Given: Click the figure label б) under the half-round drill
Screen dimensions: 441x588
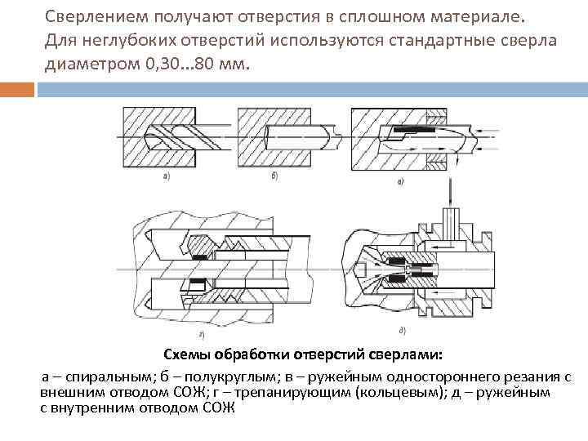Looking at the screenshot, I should tap(273, 176).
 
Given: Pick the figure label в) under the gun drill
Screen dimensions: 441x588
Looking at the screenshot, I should tap(400, 180).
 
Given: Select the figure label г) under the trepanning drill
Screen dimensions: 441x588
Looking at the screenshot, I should tap(201, 335).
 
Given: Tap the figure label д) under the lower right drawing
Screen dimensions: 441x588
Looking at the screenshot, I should tap(401, 330).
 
